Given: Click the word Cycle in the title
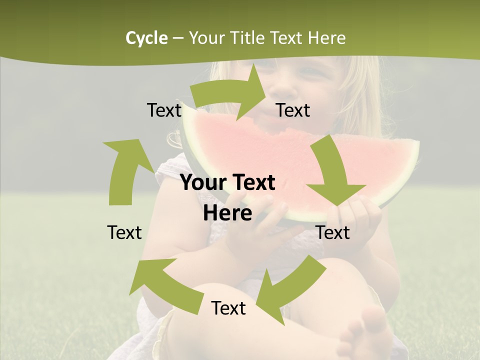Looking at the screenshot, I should [x=146, y=38].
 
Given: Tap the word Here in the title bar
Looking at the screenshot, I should [x=326, y=38].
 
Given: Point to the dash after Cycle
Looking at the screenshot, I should [x=178, y=38].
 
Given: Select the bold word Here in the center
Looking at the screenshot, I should [x=227, y=213].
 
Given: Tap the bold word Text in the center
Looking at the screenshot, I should [x=253, y=183].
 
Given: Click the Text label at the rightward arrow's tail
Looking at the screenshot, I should [x=164, y=110].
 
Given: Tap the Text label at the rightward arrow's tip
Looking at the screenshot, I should [x=293, y=110].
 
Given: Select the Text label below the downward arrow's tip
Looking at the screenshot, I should [x=333, y=232].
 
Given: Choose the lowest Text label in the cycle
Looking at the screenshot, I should [x=228, y=308].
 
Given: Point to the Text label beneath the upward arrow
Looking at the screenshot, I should [x=124, y=232].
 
